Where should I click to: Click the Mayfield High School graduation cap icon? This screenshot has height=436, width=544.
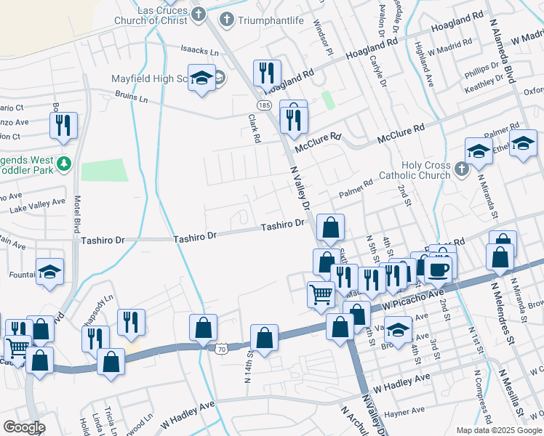[x=201, y=78]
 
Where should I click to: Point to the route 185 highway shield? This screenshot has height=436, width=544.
[x=265, y=106]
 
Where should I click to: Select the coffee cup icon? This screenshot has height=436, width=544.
[x=438, y=270]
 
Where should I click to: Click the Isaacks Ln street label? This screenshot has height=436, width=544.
[x=199, y=52]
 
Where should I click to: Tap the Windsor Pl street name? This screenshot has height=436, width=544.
[x=321, y=41]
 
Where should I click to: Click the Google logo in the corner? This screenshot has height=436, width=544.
[x=24, y=427]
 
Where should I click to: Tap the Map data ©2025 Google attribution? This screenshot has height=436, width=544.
[x=499, y=430]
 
